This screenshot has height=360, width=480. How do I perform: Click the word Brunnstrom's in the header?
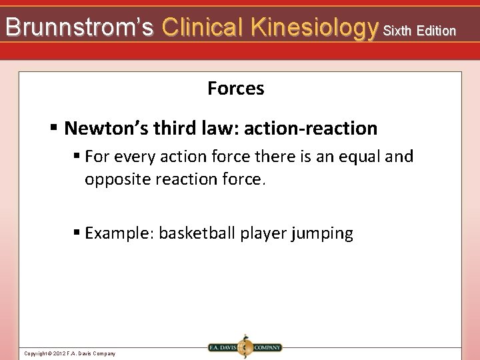click(x=79, y=27)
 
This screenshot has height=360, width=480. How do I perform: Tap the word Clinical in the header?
click(x=203, y=27)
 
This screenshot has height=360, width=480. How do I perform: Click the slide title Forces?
click(x=236, y=88)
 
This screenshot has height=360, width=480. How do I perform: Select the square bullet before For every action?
click(x=77, y=157)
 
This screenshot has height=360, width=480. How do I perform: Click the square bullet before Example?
click(x=77, y=233)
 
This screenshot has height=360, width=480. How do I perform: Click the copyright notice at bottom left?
click(x=69, y=353)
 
